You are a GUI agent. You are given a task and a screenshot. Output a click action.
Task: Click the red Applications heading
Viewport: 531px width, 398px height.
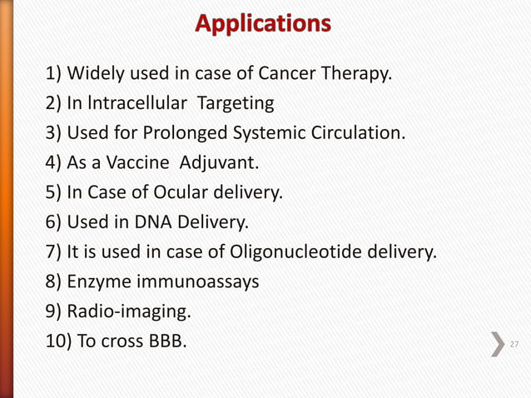click(x=263, y=24)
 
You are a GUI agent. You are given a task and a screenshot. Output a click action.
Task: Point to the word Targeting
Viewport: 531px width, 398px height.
click(x=236, y=103)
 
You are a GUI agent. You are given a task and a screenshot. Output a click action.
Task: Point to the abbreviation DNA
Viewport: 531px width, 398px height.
click(x=154, y=222)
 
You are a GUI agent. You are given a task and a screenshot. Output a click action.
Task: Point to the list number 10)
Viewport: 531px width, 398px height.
click(x=58, y=341)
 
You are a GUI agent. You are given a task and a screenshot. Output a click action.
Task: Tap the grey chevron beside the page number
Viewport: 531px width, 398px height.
click(x=498, y=344)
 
